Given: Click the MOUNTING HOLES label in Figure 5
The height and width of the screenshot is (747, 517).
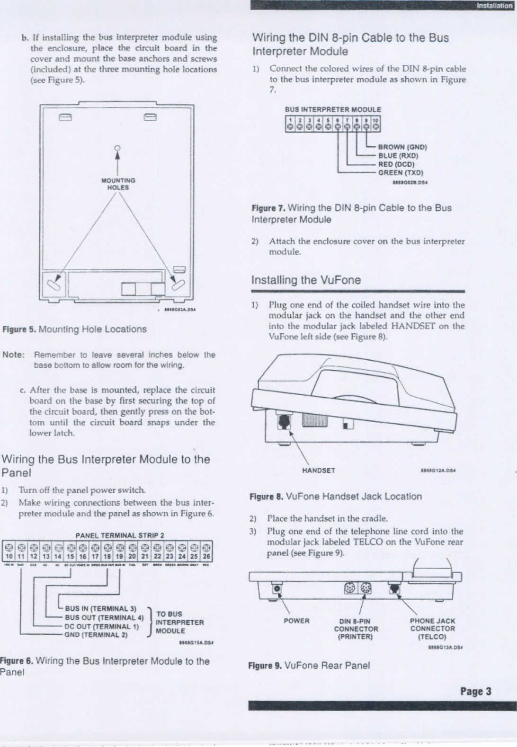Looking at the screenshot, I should point(118,184).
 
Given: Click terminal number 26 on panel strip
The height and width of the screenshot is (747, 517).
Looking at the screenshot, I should point(206,557).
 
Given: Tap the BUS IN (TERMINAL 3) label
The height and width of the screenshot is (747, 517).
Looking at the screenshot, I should point(100,609).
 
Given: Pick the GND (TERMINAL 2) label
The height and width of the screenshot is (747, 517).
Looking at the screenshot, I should point(96,635).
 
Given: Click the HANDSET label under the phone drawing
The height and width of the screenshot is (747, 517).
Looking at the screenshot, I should point(318,471).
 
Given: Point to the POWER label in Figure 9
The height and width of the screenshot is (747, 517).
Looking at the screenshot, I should point(296,621).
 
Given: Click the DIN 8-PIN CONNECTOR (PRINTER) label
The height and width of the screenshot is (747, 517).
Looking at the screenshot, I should point(356,629).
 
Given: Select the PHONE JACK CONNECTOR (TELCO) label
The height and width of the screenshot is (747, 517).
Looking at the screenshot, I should point(432,629).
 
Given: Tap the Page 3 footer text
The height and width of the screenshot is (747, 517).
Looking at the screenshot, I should point(476,691).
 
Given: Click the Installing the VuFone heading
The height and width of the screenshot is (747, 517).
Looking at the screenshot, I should point(306,280).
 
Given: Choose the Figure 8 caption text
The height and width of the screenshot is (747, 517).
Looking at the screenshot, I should point(335,497).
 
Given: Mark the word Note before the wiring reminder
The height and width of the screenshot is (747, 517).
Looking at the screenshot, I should point(13,355).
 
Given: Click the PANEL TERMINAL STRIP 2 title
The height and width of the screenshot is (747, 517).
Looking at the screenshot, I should point(120,535).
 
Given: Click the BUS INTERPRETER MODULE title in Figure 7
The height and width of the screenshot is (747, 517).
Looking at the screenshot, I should point(333,109).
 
